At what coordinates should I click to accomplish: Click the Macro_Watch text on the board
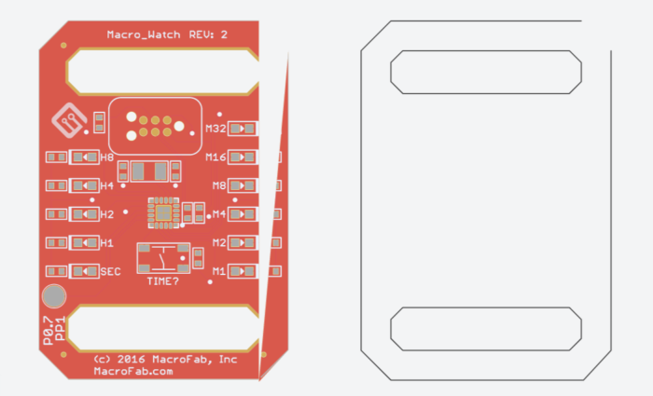(144, 34)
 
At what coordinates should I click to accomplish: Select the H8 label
(106, 157)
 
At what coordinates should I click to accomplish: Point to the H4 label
(106, 186)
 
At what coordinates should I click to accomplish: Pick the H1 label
(106, 243)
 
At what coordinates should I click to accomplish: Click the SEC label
(110, 271)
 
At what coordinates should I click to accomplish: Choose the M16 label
(216, 157)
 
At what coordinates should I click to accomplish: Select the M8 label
(219, 185)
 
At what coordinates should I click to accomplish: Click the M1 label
(219, 271)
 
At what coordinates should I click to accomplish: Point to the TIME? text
(163, 280)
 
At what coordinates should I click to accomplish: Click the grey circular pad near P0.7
(54, 296)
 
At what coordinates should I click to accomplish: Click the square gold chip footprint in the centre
(163, 213)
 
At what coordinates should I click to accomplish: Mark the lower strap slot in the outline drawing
(485, 329)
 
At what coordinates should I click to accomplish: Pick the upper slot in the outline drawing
(485, 72)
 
